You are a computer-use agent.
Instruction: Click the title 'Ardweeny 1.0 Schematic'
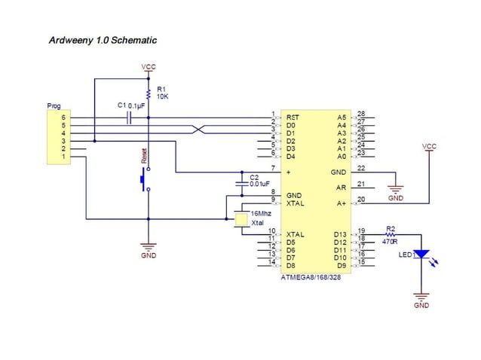103,40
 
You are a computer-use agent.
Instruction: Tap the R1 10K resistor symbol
149,94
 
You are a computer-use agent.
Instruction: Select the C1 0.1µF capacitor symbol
130,117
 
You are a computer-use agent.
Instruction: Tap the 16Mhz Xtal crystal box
240,220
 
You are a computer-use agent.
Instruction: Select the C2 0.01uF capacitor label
259,180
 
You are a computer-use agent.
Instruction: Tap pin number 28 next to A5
361,114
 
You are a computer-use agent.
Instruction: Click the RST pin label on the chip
293,117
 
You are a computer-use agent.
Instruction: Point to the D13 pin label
340,234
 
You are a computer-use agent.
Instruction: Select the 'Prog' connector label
54,106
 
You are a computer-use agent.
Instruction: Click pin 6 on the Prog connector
64,117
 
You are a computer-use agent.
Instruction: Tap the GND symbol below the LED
421,299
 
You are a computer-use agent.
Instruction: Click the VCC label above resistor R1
149,68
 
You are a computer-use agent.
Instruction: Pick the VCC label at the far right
429,146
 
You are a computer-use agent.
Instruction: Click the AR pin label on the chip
341,188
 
